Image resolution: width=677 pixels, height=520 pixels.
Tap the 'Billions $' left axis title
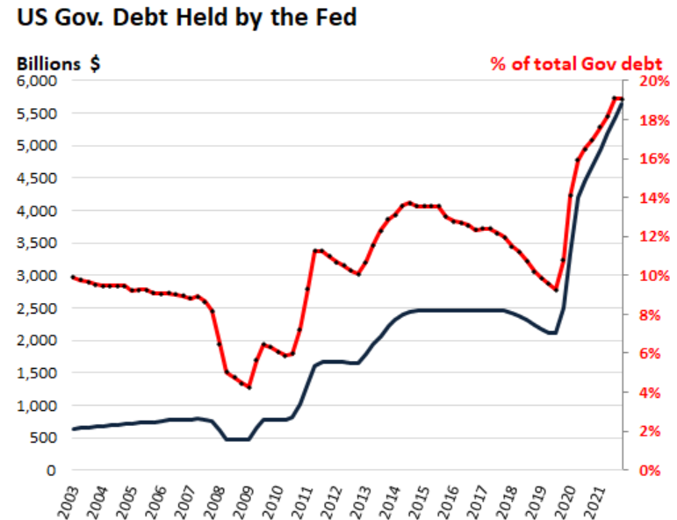55,64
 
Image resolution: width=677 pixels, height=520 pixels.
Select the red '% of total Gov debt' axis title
576,64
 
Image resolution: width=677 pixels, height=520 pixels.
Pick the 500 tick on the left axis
44,438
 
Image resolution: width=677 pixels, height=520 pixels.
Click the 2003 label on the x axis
68,497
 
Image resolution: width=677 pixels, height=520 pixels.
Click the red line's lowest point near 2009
249,387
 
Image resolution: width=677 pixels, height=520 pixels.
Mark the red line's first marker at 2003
72,277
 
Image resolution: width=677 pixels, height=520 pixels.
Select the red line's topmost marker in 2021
614,97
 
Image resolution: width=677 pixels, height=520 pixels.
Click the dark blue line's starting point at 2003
72,430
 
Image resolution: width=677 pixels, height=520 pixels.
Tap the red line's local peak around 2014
409,203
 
